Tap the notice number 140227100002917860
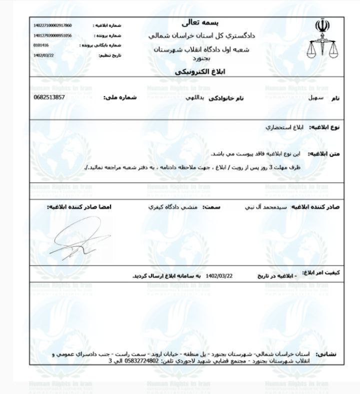[52, 25]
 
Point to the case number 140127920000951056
[52, 36]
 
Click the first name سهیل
[316, 98]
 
